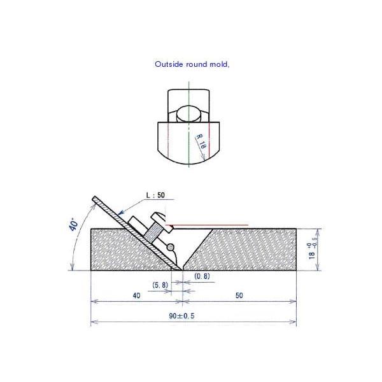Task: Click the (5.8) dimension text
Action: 161,285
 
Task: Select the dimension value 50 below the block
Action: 239,296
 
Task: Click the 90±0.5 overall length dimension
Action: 193,315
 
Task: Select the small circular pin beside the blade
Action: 170,246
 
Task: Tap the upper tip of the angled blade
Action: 95,198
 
